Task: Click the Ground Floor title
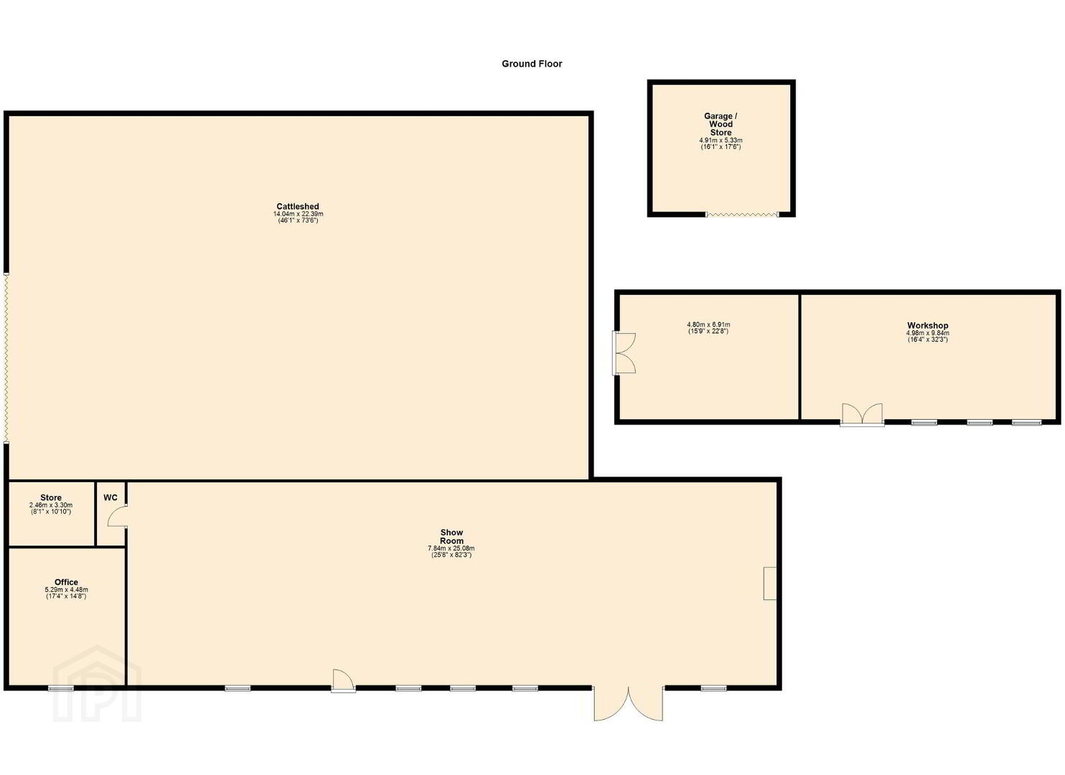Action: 532,64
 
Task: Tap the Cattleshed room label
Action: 298,207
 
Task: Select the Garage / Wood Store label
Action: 721,124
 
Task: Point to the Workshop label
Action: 928,326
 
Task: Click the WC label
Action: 111,498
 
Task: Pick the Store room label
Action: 51,498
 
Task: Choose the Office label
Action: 66,582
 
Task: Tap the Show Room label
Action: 451,537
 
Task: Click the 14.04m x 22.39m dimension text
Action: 298,214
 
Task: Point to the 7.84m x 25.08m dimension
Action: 451,548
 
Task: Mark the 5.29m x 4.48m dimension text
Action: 66,590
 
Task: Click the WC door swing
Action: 118,517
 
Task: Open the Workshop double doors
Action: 862,415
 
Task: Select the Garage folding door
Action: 743,215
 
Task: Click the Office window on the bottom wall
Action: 61,688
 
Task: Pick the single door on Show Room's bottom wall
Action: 343,681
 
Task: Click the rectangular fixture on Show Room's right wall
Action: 770,583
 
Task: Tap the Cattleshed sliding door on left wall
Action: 6,359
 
